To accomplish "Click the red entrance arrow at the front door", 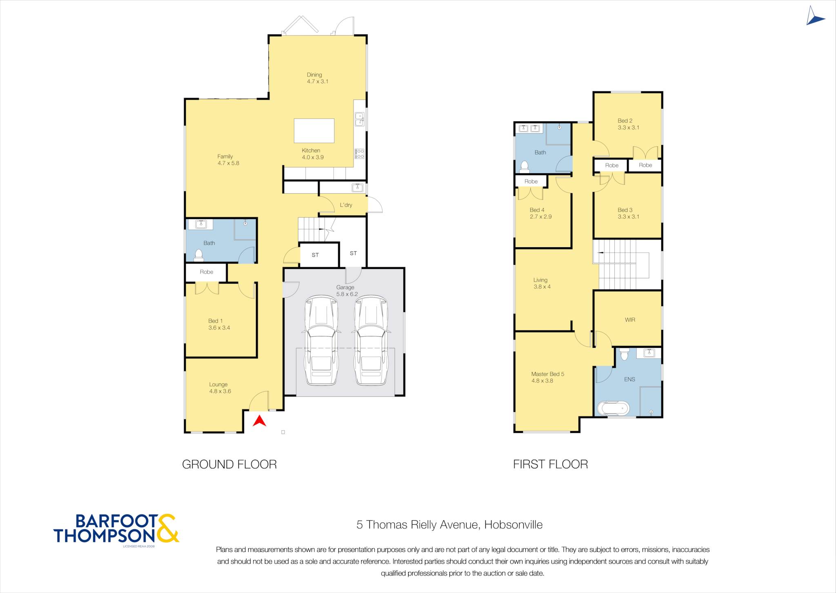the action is pos(259,421).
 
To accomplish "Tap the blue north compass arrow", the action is pos(814,16).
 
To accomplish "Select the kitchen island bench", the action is pos(314,131).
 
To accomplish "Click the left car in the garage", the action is pos(321,340).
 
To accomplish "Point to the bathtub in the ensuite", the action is pos(613,408).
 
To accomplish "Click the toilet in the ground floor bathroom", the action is pos(199,255).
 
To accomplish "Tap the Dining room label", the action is pos(314,75).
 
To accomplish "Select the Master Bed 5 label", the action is pos(547,374).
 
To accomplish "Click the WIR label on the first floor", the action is pos(630,320).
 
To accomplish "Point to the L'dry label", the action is pos(346,205).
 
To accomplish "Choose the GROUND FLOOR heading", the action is pos(229,464).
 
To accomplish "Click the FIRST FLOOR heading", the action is pos(550,464).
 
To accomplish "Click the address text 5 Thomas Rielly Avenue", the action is pos(417,525).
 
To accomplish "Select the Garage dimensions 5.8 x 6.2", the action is pos(347,294).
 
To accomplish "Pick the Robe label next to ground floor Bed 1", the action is pos(207,272).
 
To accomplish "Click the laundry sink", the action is pos(357,188).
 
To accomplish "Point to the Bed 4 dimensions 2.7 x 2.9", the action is pos(540,217).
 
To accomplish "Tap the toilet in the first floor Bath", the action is pos(525,166).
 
